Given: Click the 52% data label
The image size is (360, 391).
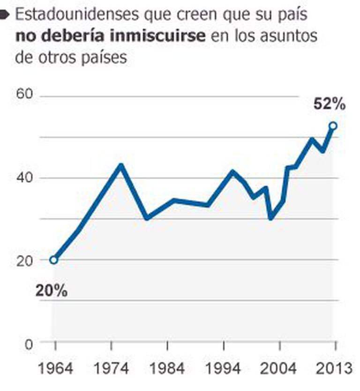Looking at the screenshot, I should click(330, 104).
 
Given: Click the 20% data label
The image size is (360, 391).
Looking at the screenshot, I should click(52, 291).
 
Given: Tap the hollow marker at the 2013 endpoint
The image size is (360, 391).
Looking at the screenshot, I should click(333, 125).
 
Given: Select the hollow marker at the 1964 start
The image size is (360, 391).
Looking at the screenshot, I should click(54, 260).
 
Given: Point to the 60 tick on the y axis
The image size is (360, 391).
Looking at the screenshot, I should click(26, 95).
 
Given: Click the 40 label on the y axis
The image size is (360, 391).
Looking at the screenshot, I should click(26, 177).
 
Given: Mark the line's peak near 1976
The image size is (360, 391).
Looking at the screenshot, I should click(121, 165).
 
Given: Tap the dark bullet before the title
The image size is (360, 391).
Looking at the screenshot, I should click(4, 15).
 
